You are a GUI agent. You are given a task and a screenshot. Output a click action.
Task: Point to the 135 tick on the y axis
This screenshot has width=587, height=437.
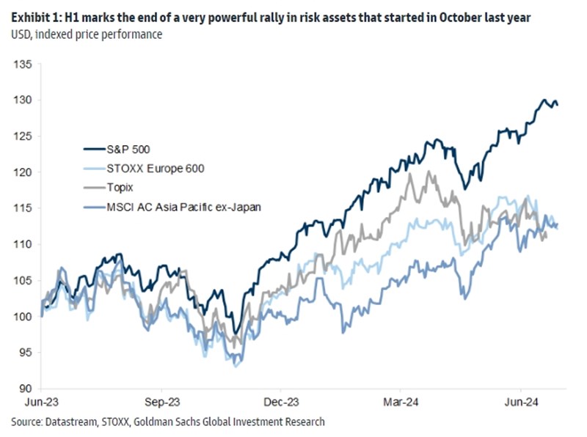coord(22,65)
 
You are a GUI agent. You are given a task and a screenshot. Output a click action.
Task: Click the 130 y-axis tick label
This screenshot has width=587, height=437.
coord(22,100)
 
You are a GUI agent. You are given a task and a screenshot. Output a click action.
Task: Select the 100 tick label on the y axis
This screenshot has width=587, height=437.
coord(22,317)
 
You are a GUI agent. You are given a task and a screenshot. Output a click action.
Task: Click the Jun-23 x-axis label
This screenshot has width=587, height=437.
coord(43,403)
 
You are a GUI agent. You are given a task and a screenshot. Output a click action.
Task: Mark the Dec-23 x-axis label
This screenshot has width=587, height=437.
coord(282,403)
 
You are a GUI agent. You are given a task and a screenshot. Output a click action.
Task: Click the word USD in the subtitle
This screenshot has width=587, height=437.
coord(21,34)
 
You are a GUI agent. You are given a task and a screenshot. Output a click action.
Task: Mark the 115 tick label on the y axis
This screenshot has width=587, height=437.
coord(22,208)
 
